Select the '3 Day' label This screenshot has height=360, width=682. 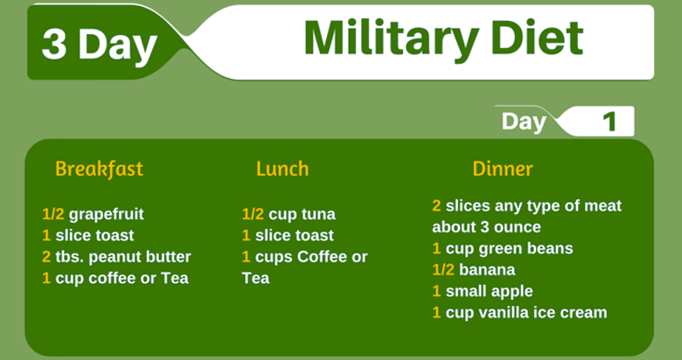coord(99,45)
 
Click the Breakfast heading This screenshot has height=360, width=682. coord(99,169)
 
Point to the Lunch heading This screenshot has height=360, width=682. coord(282,169)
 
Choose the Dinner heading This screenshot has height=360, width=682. coord(503,169)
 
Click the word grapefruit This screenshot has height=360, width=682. coord(106,215)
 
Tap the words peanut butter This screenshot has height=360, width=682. coord(141,258)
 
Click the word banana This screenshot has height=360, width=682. coord(487,270)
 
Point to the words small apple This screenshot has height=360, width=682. coord(490,292)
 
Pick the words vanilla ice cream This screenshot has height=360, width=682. coord(542,313)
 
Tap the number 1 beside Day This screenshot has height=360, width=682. coord(610,121)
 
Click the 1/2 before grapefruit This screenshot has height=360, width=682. coord(53,214)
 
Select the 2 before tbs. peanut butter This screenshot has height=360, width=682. coord(46,257)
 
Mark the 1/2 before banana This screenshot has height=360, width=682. coord(443,270)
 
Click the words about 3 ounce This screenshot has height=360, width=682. coord(487,227)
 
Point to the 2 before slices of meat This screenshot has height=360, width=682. coord(436,205)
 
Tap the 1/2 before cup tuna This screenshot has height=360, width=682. coord(253,214)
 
